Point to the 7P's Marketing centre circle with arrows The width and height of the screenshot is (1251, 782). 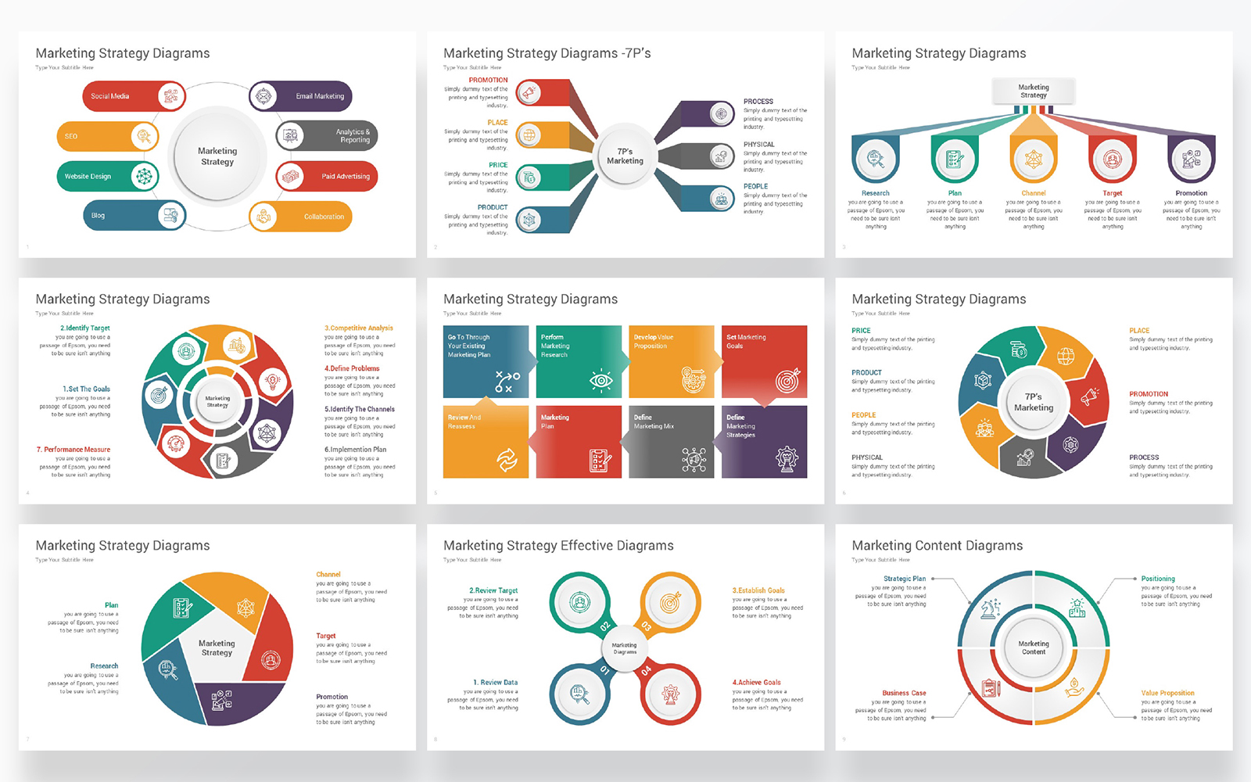[x=625, y=156]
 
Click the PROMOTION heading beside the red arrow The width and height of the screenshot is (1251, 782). [x=488, y=80]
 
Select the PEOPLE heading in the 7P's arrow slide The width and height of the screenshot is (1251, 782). [x=755, y=186]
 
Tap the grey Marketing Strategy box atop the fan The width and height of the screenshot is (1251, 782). [x=1033, y=91]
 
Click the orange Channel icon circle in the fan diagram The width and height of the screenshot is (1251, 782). [x=1033, y=160]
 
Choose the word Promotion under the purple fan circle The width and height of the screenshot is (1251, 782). [x=1191, y=193]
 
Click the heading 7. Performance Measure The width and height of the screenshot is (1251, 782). [x=73, y=450]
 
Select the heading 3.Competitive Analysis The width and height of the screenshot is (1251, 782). [x=359, y=328]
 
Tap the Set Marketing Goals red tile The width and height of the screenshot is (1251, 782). [x=764, y=361]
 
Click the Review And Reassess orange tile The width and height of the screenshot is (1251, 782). [x=486, y=441]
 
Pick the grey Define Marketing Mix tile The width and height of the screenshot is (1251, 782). [x=671, y=441]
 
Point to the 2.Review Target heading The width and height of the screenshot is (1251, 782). [x=493, y=590]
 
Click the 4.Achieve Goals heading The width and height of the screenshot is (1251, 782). [x=756, y=683]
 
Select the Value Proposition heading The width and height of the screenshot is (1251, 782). [x=1167, y=693]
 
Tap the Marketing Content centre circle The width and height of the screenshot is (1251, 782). [x=1033, y=647]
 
